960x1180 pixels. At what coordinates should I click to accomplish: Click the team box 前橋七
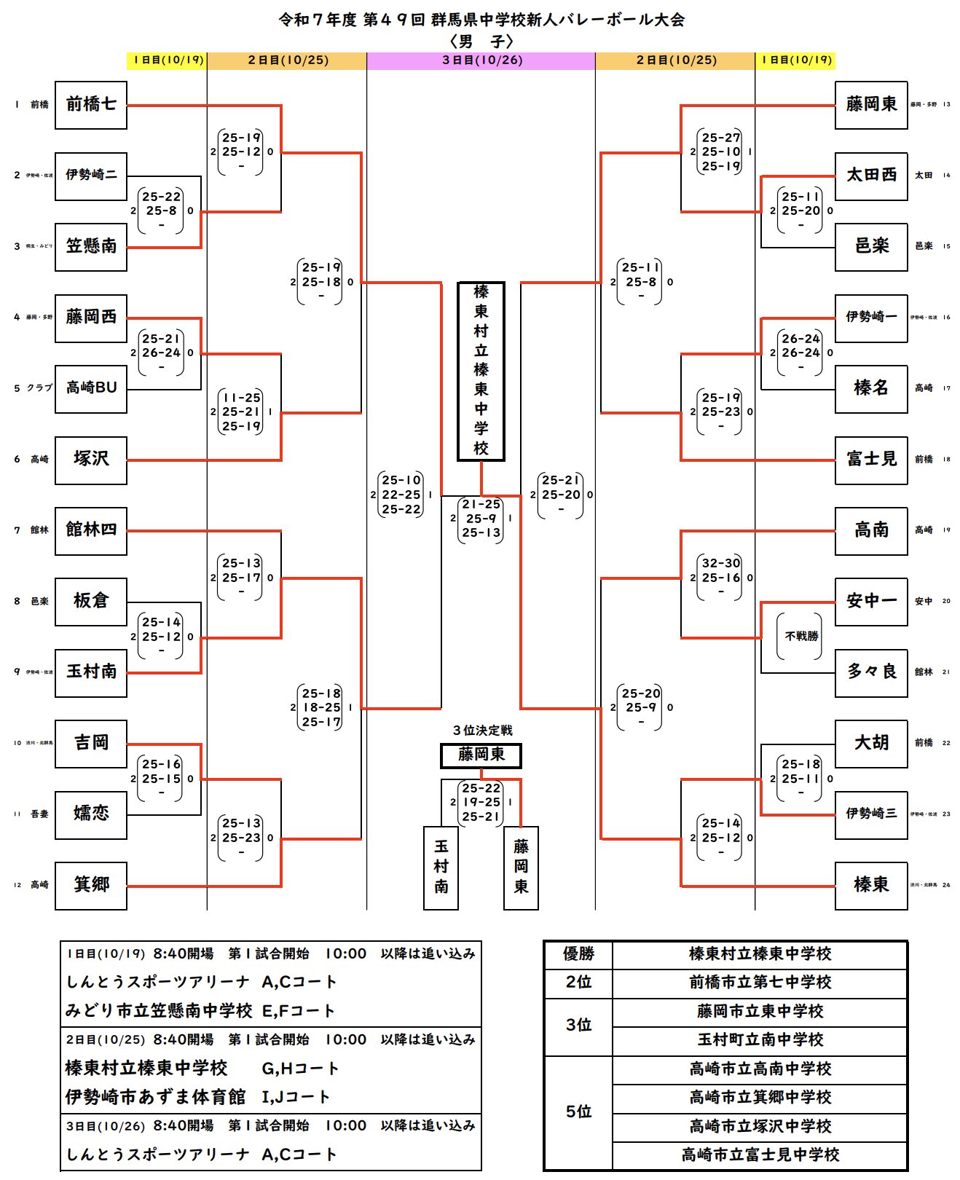[x=91, y=105]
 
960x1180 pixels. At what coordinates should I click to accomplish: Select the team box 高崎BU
[x=91, y=388]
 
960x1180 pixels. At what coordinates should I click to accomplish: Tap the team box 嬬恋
[x=91, y=814]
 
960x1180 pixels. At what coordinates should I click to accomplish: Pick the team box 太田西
[x=871, y=176]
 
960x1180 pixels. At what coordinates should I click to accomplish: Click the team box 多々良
[x=871, y=672]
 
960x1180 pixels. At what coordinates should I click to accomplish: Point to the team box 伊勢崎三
[x=871, y=814]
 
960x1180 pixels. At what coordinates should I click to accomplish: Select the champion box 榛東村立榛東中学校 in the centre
[x=481, y=371]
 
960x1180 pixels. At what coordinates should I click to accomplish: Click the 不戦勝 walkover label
[x=801, y=637]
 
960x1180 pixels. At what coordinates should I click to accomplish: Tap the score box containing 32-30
[x=720, y=578]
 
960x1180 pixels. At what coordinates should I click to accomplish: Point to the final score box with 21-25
[x=481, y=519]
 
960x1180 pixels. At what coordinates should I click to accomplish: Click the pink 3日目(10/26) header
[x=481, y=60]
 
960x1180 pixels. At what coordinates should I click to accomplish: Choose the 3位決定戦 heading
[x=482, y=731]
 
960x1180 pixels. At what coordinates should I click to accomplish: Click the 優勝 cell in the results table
[x=578, y=954]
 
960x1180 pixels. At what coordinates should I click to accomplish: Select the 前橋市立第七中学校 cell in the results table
[x=760, y=983]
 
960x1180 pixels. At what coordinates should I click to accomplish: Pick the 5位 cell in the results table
[x=578, y=1112]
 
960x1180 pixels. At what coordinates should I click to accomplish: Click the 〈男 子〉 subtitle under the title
[x=481, y=42]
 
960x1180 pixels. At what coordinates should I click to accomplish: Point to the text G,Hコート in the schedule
[x=300, y=1069]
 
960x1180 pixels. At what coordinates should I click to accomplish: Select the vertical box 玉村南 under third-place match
[x=441, y=867]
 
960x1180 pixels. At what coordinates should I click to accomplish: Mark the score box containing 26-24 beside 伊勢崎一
[x=800, y=353]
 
